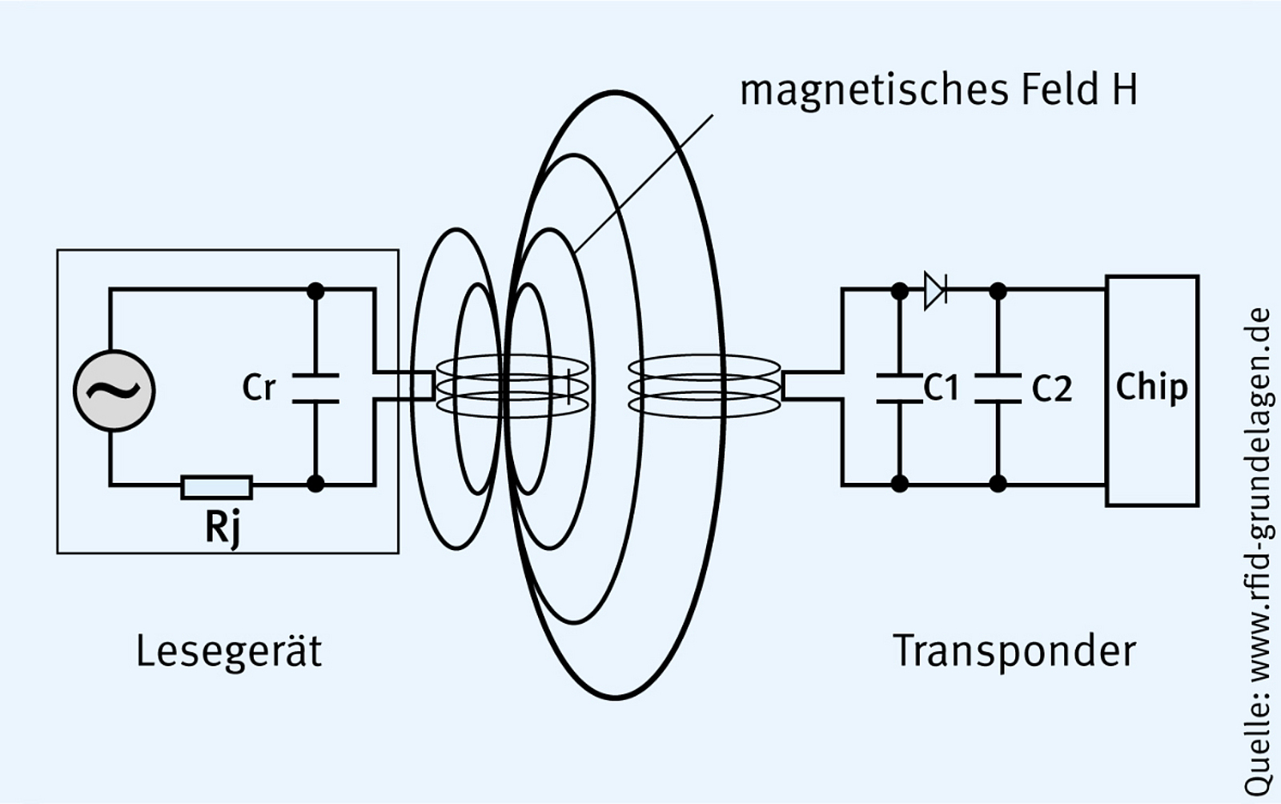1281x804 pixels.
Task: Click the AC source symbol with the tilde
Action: tap(114, 391)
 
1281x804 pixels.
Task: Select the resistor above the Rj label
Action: tap(216, 486)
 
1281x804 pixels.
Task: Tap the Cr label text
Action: tap(259, 388)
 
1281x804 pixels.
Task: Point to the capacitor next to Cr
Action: tap(315, 388)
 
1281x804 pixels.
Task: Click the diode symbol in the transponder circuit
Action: tap(935, 290)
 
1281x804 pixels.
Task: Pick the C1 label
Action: tap(941, 388)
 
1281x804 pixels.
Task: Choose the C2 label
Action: tap(1051, 388)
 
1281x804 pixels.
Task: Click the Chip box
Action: tap(1151, 390)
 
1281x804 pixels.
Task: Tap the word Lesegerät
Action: tap(229, 651)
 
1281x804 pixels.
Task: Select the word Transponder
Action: tap(1014, 651)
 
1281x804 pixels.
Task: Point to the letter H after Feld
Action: tap(1123, 90)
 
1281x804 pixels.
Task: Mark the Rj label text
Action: tap(222, 528)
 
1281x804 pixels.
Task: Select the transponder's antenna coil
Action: tap(704, 387)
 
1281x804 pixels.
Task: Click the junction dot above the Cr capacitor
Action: tap(315, 290)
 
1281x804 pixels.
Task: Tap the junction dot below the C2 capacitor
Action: tap(998, 484)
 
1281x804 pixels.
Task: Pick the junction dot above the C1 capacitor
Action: tap(899, 291)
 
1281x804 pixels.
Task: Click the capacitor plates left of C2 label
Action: tap(998, 388)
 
